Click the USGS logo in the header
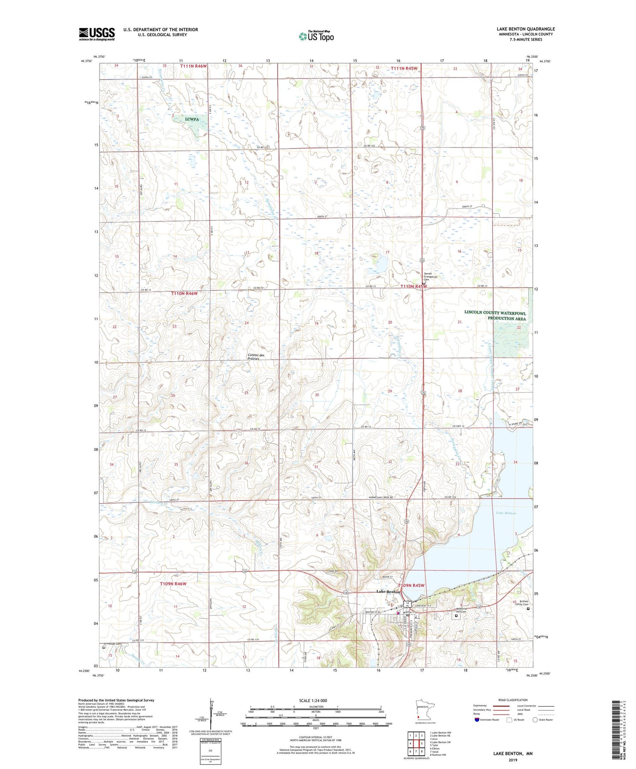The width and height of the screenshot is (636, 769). [96, 34]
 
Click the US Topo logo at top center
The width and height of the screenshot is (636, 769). [316, 36]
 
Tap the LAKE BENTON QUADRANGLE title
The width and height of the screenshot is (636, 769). [526, 29]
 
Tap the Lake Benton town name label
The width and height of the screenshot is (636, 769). [388, 592]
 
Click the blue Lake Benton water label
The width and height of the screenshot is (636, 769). [506, 513]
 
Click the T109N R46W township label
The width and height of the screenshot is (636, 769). [173, 584]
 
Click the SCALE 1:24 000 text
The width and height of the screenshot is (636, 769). [313, 700]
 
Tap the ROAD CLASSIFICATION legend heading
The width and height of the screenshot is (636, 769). [513, 700]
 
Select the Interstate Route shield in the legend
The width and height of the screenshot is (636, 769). [477, 720]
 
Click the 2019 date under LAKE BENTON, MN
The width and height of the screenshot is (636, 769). [513, 760]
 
